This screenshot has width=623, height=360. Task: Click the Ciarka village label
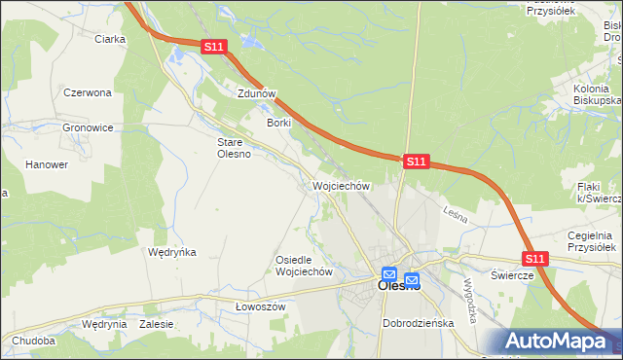tap(110, 40)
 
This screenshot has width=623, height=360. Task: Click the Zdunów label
tap(257, 94)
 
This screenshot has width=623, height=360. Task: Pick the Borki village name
tap(279, 124)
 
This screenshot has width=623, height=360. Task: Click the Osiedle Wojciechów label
tap(305, 266)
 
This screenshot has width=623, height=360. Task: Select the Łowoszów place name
tap(259, 306)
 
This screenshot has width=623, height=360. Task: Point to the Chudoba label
tap(34, 342)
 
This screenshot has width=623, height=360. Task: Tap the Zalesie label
tap(156, 324)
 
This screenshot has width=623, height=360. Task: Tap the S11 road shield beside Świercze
tap(535, 259)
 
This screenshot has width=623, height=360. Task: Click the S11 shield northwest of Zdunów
tap(215, 46)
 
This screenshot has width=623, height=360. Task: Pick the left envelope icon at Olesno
tap(389, 275)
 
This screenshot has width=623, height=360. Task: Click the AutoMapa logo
tap(557, 342)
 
